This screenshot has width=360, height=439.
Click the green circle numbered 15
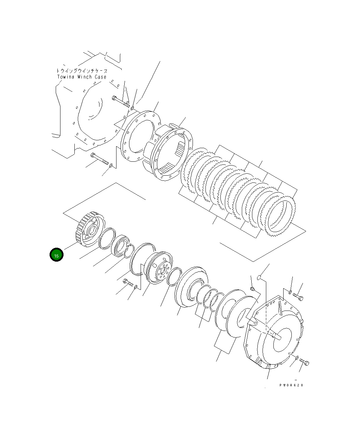click(x=56, y=255)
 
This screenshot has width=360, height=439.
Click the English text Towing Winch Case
click(x=82, y=77)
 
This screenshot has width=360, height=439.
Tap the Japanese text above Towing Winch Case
click(x=82, y=71)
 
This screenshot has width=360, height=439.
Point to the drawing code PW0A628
click(x=291, y=385)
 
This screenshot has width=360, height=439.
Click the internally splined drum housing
click(x=172, y=152)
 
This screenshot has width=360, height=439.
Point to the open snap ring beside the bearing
click(x=129, y=252)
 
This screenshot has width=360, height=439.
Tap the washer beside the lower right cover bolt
click(x=297, y=358)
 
